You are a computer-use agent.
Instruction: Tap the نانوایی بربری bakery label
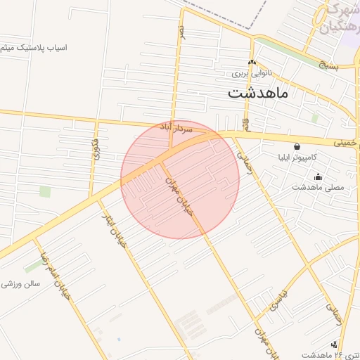tap(251, 73)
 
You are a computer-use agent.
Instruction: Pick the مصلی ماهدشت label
tap(318, 188)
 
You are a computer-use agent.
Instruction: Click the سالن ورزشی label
tap(22, 284)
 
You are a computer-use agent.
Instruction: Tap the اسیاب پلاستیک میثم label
tap(33, 49)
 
